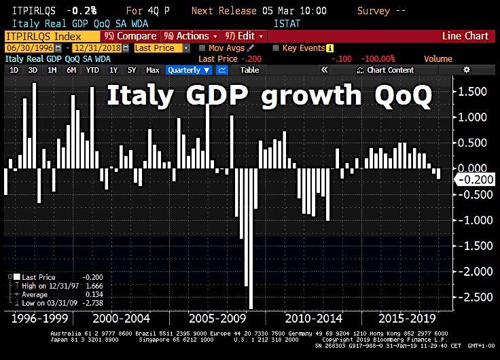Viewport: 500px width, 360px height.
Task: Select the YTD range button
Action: point(93,70)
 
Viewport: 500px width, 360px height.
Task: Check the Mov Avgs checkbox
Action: point(203,48)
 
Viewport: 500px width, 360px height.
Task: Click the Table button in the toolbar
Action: point(249,70)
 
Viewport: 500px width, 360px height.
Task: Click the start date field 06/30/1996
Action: point(25,48)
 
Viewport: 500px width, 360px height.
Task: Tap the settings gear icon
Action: point(466,70)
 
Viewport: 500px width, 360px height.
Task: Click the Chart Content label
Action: point(390,70)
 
